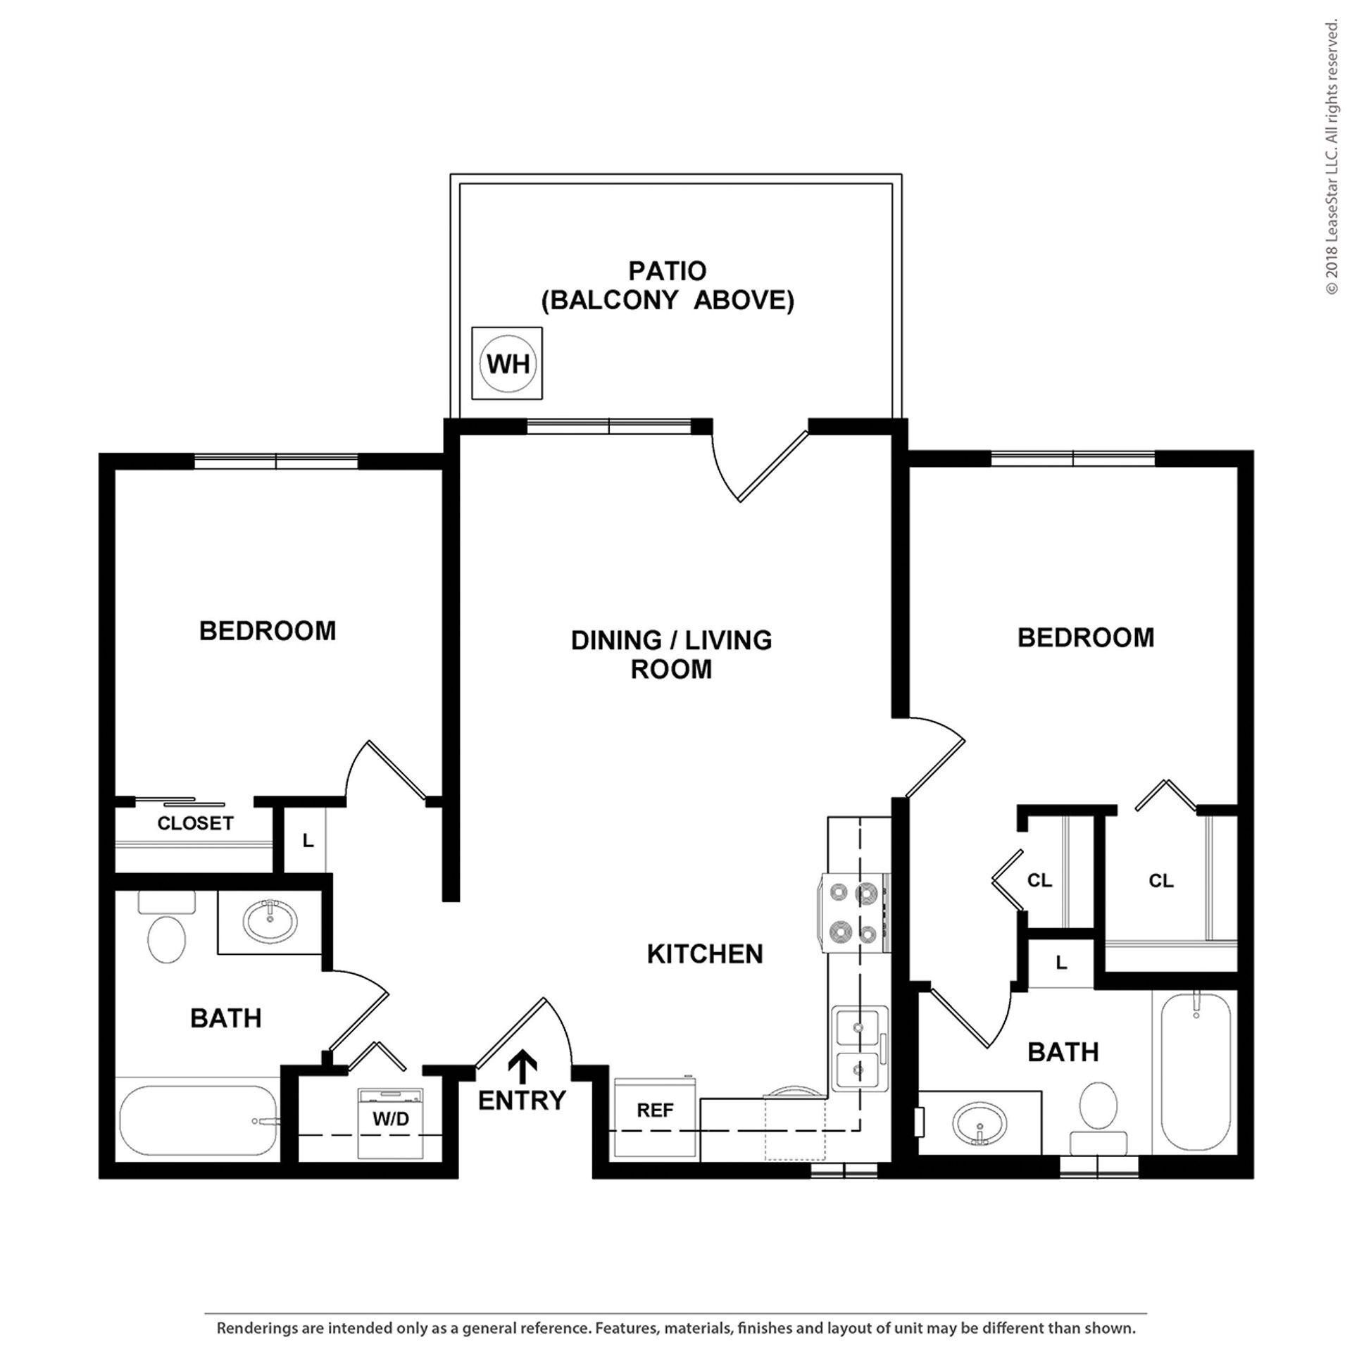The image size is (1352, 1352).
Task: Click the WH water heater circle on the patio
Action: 507,363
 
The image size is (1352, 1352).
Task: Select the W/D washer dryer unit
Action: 391,1119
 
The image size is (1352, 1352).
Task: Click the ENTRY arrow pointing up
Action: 522,1067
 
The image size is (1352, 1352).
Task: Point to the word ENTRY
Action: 522,1100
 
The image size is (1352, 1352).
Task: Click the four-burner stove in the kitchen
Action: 854,913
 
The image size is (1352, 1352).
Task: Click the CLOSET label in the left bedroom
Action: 195,823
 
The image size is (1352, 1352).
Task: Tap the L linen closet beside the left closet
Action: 307,840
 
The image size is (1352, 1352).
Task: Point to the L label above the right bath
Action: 1061,963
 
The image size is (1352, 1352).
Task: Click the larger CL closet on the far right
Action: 1161,881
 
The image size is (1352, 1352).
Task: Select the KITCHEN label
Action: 705,954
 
